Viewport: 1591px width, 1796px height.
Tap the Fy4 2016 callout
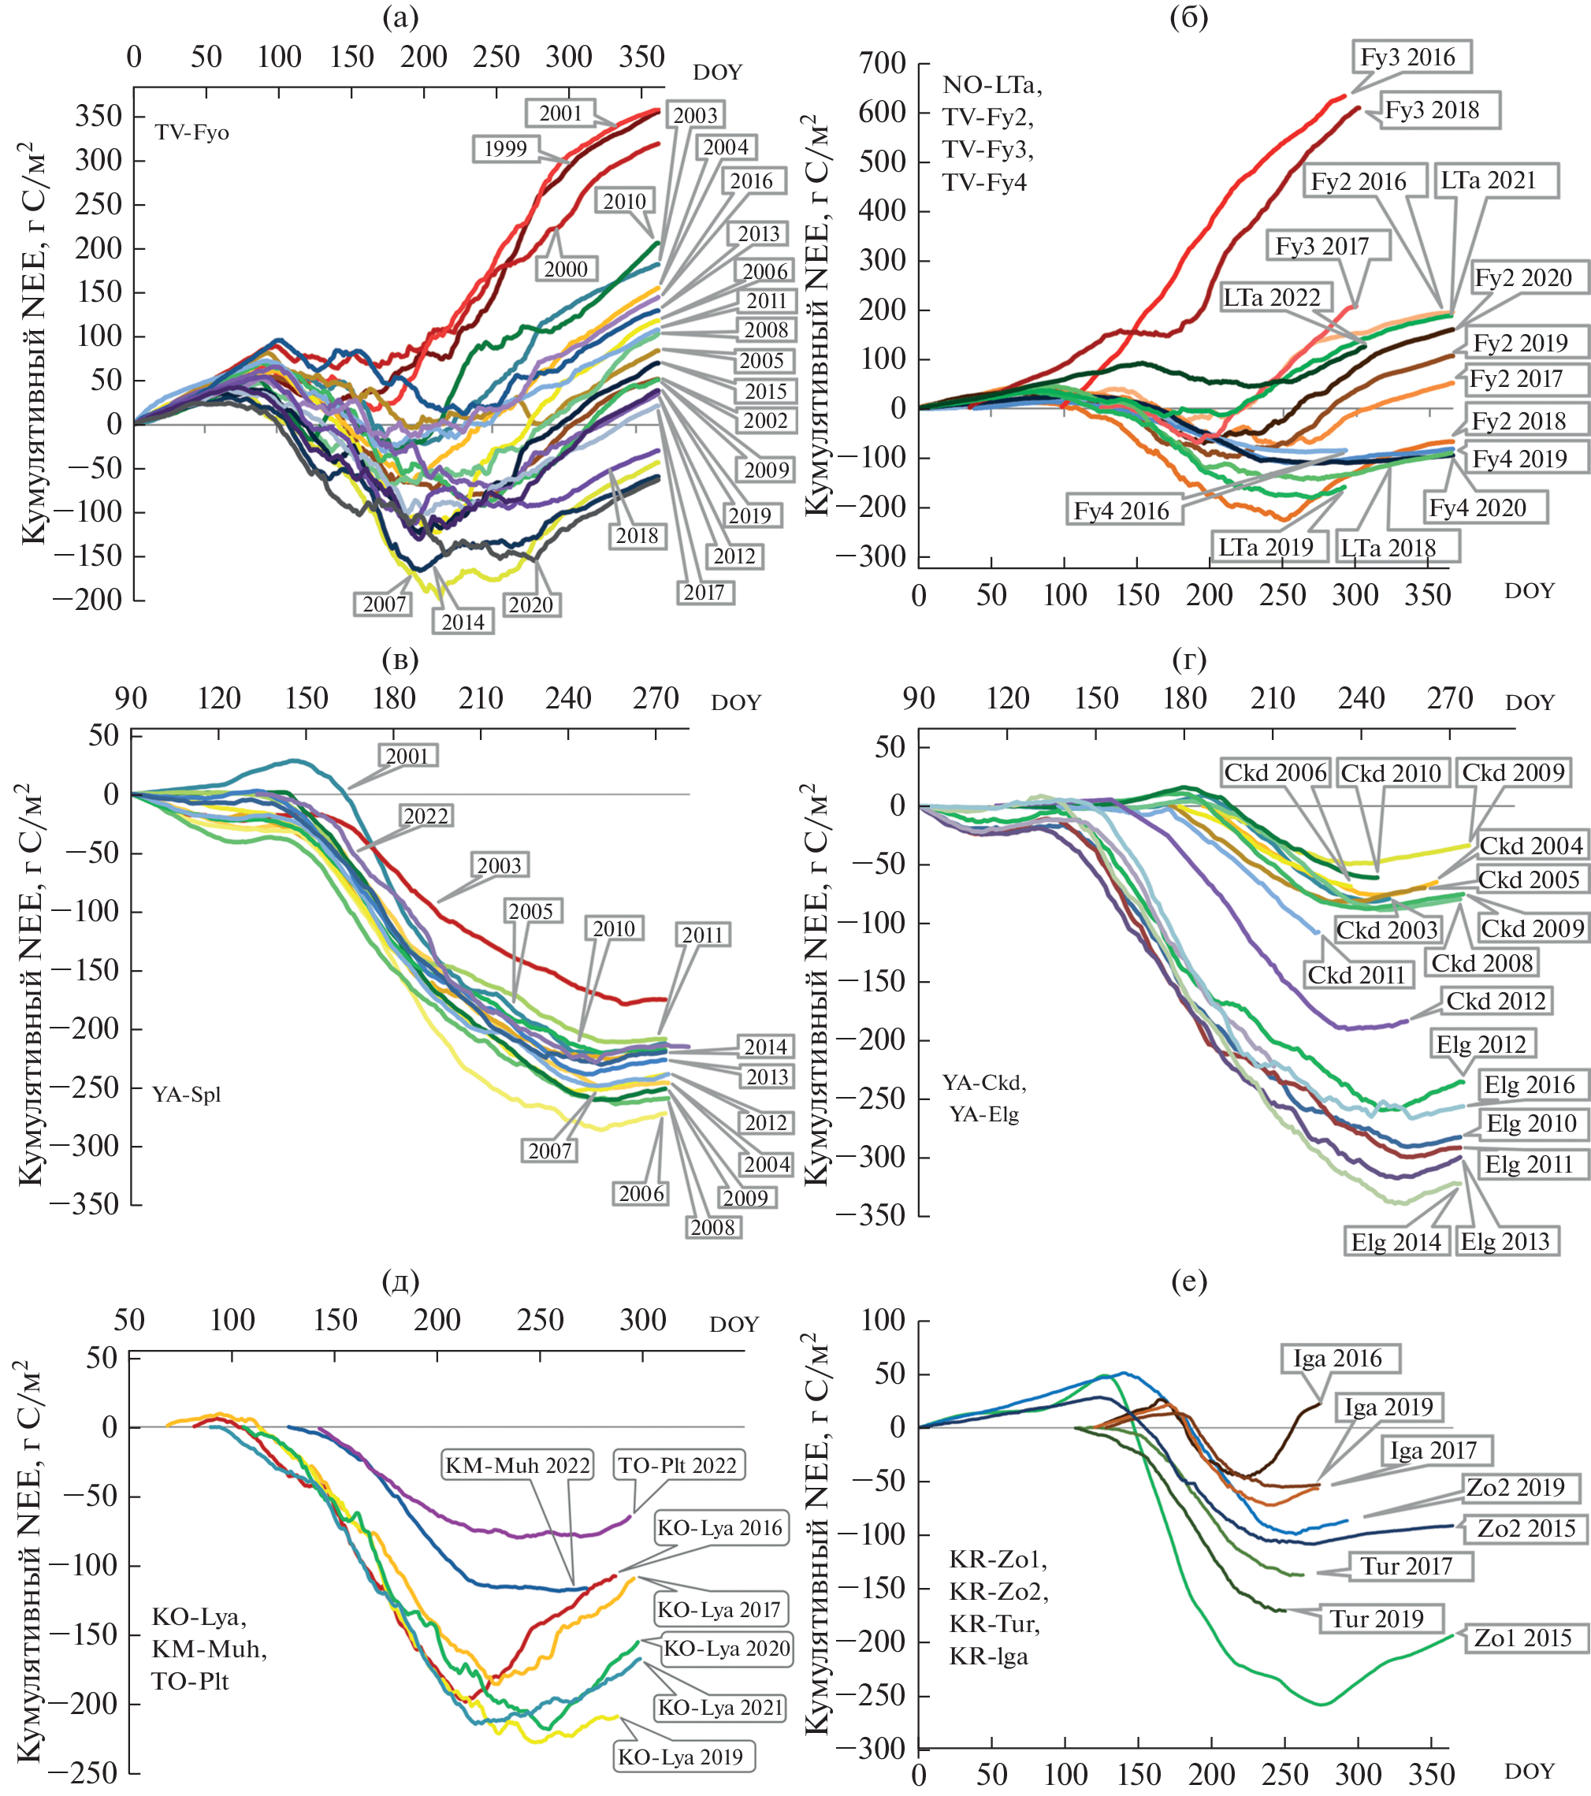(1121, 511)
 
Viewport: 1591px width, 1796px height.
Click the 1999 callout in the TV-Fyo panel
(505, 148)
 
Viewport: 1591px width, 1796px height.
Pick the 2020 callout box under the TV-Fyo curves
(530, 604)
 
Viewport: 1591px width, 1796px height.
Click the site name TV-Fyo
(191, 132)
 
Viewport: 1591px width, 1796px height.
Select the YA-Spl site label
(186, 1094)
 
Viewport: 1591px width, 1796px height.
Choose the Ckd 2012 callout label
(1496, 1001)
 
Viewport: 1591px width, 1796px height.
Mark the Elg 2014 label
(1396, 1241)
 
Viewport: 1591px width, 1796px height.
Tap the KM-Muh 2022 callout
(518, 1465)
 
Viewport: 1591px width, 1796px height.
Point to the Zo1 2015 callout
(1522, 1638)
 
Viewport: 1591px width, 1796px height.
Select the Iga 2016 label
(1337, 1359)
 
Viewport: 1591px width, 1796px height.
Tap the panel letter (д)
(400, 1282)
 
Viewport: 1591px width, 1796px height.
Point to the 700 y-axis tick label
(882, 63)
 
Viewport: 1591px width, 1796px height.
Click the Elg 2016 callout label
(1530, 1084)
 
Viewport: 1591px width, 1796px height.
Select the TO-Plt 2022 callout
(678, 1465)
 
